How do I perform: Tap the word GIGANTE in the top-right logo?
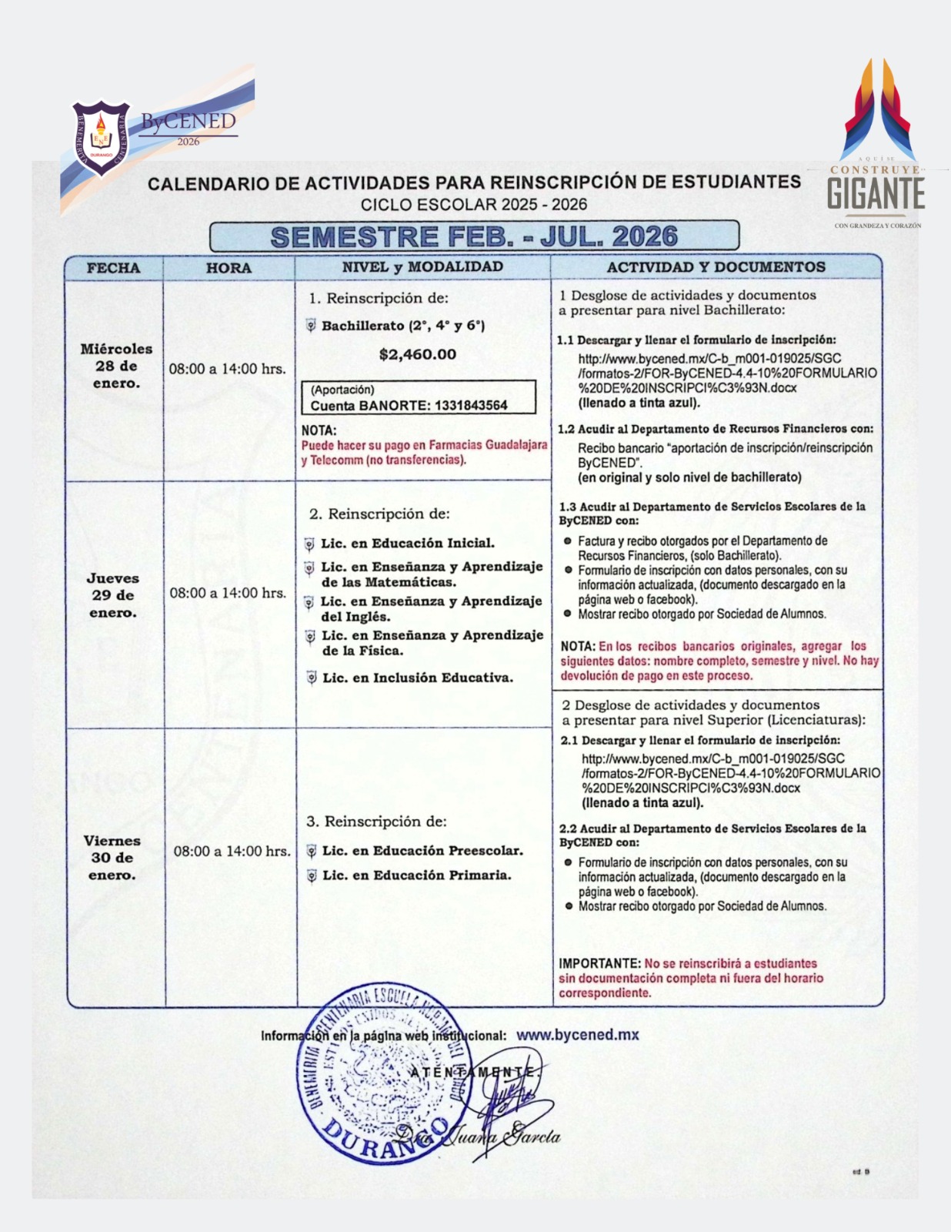[x=876, y=193]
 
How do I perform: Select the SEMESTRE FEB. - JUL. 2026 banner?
[x=474, y=236]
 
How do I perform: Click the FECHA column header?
[x=113, y=268]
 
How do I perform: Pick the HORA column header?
[x=229, y=268]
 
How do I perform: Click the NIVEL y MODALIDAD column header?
[x=422, y=267]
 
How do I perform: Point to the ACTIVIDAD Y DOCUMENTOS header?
[x=716, y=267]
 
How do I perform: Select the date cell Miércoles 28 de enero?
[x=116, y=366]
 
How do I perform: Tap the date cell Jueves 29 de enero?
[x=113, y=595]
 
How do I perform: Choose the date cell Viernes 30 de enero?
[x=112, y=858]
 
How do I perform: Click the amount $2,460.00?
[x=418, y=354]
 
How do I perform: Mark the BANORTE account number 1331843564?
[x=471, y=406]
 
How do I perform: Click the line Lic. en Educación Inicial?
[x=408, y=544]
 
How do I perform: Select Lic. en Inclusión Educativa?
[x=417, y=678]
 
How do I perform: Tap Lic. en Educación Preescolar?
[x=422, y=851]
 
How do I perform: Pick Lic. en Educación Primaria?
[x=416, y=875]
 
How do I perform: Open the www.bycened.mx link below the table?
[x=577, y=1035]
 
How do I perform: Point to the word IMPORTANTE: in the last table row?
[x=599, y=963]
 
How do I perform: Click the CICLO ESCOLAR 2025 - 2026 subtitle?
[x=474, y=205]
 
